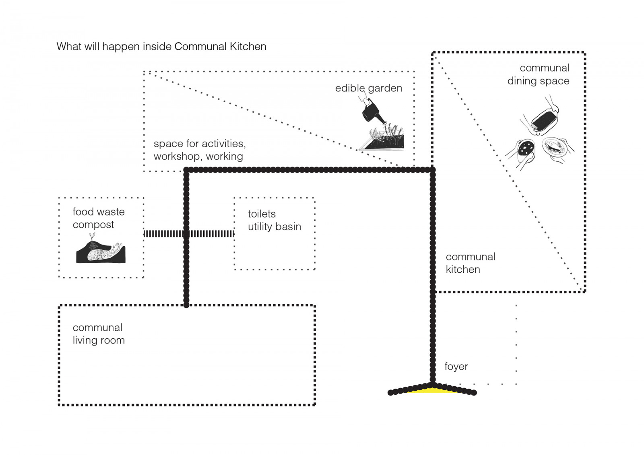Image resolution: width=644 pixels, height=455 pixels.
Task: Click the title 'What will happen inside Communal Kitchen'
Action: click(161, 47)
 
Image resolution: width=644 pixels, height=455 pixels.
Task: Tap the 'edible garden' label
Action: click(368, 88)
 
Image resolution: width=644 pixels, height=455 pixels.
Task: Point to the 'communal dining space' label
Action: click(539, 74)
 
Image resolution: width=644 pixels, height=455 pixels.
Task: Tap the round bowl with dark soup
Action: click(526, 149)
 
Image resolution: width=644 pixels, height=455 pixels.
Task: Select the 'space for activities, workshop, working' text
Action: click(199, 150)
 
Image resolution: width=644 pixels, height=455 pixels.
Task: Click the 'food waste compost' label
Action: click(98, 218)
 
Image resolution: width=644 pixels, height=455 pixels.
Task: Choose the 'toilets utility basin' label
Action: click(274, 220)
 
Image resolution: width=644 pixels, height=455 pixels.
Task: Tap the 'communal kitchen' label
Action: click(470, 263)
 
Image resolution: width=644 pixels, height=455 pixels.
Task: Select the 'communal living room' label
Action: click(98, 334)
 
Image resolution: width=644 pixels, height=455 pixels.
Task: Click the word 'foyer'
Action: click(456, 366)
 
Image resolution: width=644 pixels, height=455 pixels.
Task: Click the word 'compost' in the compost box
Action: click(93, 225)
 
